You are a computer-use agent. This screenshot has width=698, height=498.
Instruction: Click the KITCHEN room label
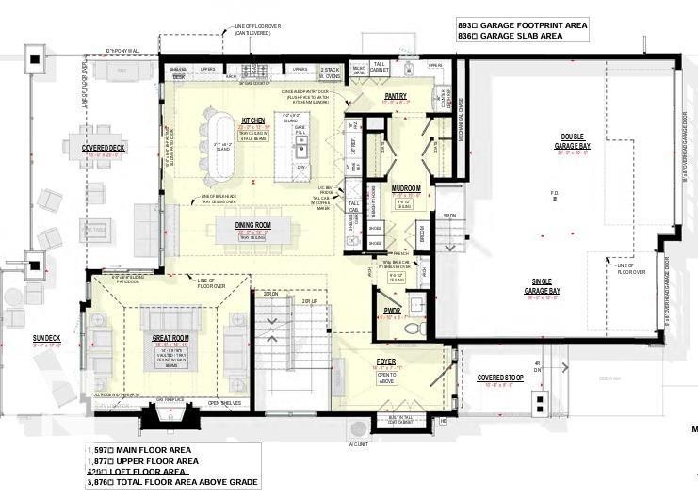click(x=252, y=120)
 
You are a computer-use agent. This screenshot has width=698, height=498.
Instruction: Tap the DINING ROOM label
click(x=252, y=225)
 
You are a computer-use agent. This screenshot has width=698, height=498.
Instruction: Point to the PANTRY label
click(x=394, y=96)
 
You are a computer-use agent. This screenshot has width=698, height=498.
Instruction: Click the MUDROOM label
click(x=405, y=188)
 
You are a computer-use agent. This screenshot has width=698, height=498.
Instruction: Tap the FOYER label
click(x=385, y=359)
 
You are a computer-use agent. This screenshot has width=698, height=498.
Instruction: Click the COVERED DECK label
click(x=104, y=148)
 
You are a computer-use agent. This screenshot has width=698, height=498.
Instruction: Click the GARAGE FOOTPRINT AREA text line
click(x=522, y=25)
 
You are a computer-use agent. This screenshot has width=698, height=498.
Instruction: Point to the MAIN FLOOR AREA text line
click(x=141, y=450)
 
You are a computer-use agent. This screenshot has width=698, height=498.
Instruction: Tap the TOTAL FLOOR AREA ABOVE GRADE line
click(x=170, y=481)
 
